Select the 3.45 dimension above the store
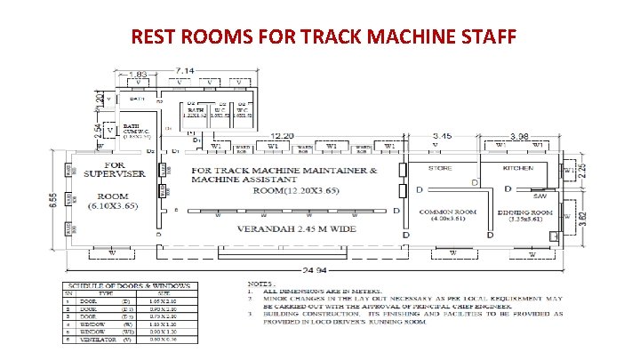click(x=442, y=136)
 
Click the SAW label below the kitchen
click(x=538, y=196)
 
